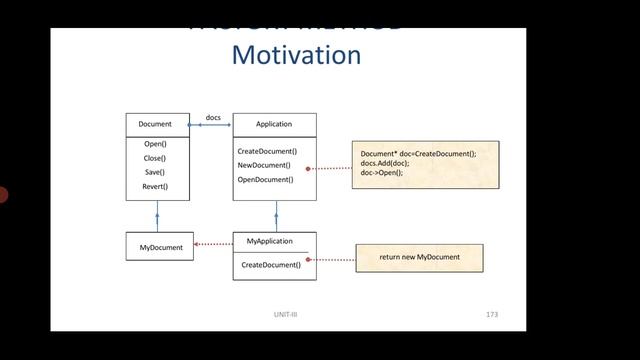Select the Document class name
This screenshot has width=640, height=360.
point(155,124)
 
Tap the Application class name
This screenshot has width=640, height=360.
point(274,124)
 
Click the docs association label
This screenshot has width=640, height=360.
point(213,118)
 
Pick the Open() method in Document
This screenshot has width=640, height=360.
point(155,144)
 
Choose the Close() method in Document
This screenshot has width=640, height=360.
point(155,158)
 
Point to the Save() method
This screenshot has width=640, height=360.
point(155,172)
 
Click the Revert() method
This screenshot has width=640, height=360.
point(155,186)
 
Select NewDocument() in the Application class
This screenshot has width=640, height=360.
point(265,164)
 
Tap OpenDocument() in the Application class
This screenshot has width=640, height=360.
point(266,179)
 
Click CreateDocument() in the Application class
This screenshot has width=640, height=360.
point(267,150)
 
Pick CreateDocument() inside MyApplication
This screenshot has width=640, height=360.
point(271,265)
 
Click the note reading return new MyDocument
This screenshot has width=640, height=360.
point(419,258)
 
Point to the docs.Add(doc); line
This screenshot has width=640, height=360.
point(385,162)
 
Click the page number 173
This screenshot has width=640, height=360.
point(491,316)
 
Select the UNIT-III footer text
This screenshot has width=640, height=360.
point(286,316)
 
